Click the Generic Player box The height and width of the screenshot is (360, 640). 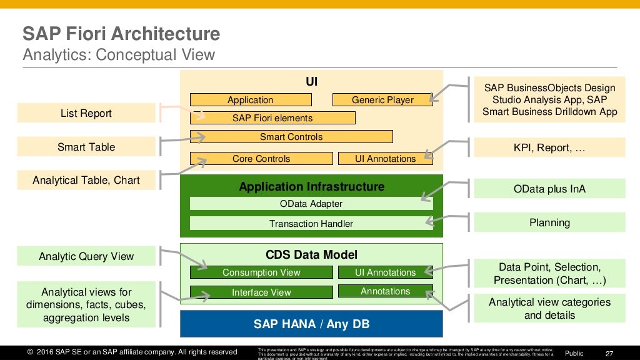pos(382,100)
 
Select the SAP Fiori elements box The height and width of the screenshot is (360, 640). pos(272,118)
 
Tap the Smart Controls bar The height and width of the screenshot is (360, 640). pos(291,137)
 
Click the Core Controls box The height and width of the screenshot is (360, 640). pos(261,159)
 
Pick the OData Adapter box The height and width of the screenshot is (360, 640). pos(311,204)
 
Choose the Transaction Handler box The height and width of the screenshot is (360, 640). pos(311,224)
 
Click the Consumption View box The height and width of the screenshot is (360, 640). pos(261,272)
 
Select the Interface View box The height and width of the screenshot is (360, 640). pos(261,292)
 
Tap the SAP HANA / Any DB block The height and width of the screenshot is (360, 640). pos(311,324)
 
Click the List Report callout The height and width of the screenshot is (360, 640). pos(86,113)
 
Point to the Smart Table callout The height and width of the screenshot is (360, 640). pos(86,147)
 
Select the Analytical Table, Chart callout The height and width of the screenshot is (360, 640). pos(86,181)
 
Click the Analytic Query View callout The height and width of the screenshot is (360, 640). pos(86,256)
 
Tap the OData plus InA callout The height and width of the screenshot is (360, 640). pos(549,189)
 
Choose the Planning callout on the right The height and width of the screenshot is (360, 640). pos(549,222)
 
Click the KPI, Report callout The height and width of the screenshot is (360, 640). pos(549,148)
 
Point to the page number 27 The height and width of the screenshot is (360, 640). pos(610,353)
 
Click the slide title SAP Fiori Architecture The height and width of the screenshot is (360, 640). pos(121,34)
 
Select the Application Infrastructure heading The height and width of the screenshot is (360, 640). pos(311,187)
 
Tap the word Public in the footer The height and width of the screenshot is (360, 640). pos(574,353)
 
